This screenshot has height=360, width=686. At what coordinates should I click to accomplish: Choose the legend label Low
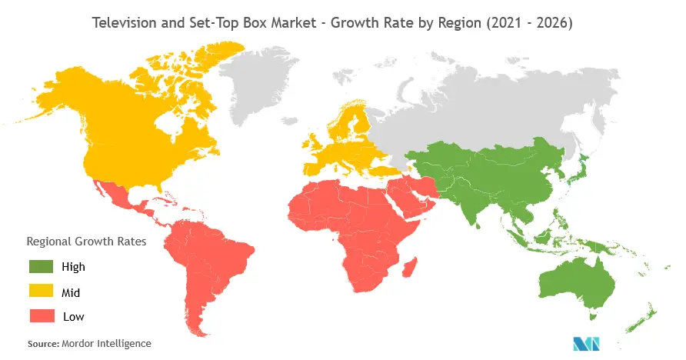(x=74, y=316)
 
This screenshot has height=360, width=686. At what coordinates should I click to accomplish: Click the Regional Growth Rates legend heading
(x=85, y=242)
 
